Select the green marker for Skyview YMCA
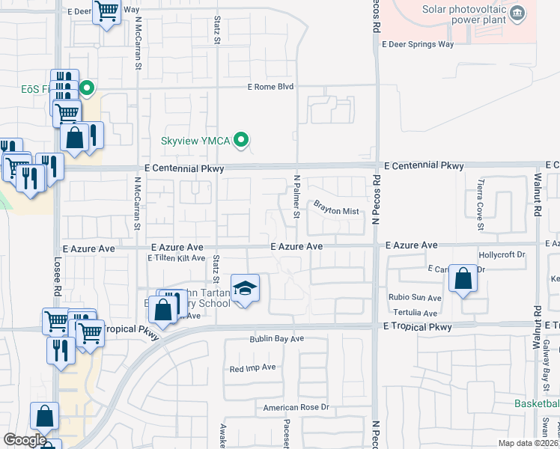241,140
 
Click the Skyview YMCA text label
195,141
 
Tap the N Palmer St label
296,198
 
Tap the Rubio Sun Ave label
415,298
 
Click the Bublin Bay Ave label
276,339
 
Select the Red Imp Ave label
253,368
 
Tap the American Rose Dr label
296,408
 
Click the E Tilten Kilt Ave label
176,258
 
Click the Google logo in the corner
24,440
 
